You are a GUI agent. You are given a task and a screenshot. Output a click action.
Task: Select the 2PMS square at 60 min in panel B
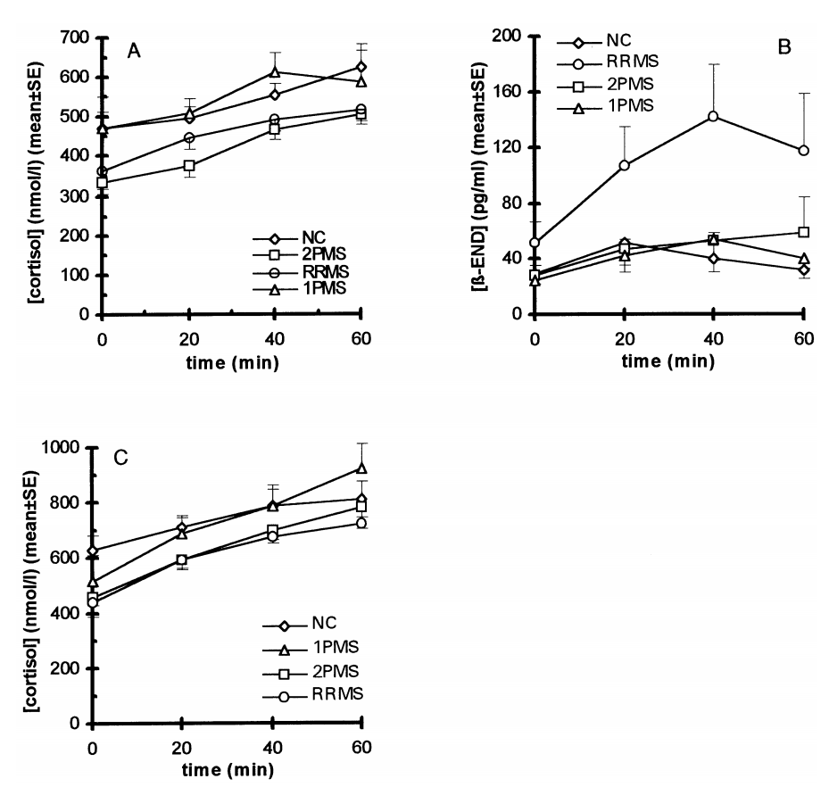click(803, 232)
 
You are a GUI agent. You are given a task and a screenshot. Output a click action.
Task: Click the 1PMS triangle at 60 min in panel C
click(361, 468)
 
